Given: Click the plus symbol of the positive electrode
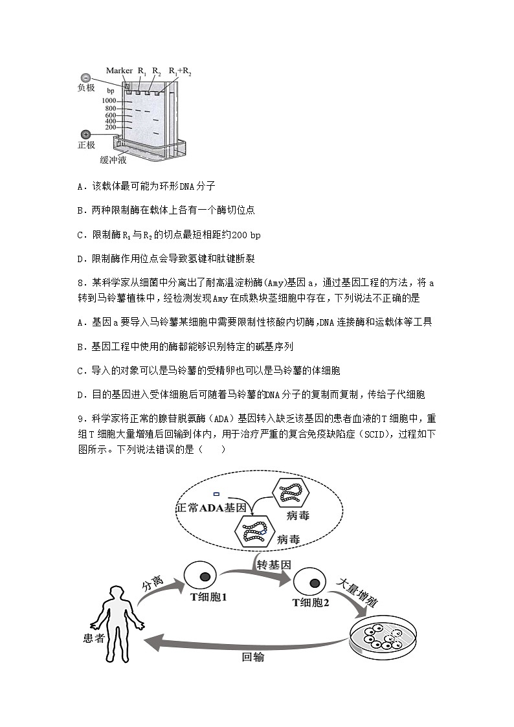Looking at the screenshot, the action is [86, 134].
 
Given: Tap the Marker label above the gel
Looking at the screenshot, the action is [119, 70].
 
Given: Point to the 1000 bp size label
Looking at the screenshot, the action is [108, 101].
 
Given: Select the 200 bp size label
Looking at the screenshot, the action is [110, 128].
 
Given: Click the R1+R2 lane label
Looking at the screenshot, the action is [180, 71].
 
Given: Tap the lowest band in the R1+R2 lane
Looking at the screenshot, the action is [156, 133].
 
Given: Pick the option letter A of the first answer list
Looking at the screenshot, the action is [80, 186].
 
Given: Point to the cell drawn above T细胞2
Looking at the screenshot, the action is [309, 580].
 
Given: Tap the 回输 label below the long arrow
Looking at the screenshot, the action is [253, 658].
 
